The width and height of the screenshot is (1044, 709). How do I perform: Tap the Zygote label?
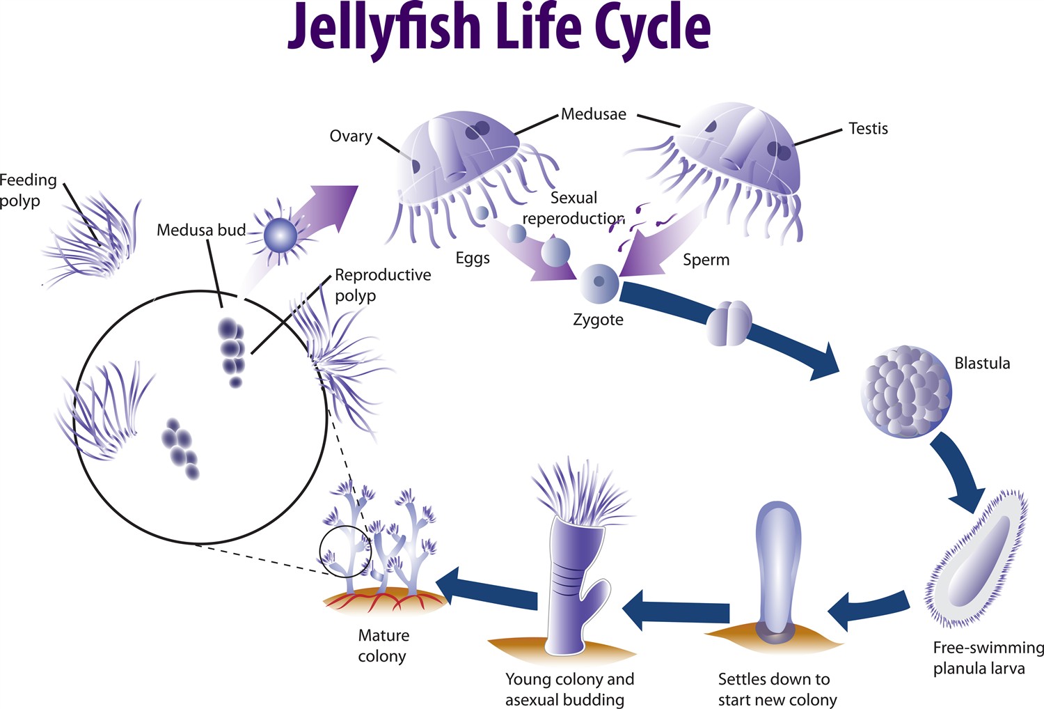point(598,320)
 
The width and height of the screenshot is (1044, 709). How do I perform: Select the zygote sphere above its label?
point(599,281)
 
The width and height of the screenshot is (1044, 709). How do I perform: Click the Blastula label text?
point(981,363)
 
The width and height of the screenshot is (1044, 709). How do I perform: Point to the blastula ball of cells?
point(905,391)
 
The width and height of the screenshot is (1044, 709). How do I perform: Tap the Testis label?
point(868,128)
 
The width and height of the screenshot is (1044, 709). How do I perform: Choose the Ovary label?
point(351,136)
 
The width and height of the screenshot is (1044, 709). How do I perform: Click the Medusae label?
point(594,114)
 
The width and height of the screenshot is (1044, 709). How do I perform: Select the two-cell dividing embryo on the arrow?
point(729,323)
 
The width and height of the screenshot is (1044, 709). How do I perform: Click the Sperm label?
point(706,260)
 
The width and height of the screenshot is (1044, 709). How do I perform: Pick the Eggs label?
point(473,258)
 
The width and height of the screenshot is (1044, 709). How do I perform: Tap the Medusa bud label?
point(200,230)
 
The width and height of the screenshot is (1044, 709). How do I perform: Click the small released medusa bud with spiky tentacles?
point(280,237)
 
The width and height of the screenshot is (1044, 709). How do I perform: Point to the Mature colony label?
point(382,646)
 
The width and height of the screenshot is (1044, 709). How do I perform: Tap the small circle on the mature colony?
point(345,552)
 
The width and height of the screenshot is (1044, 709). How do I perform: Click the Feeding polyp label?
point(28,190)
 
